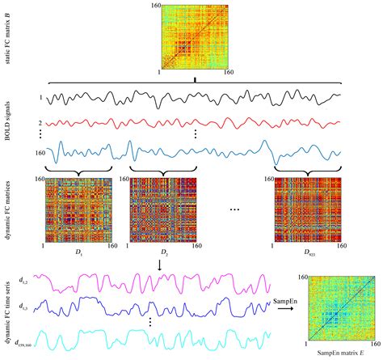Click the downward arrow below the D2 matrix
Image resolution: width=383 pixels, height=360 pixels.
tap(165, 263)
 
